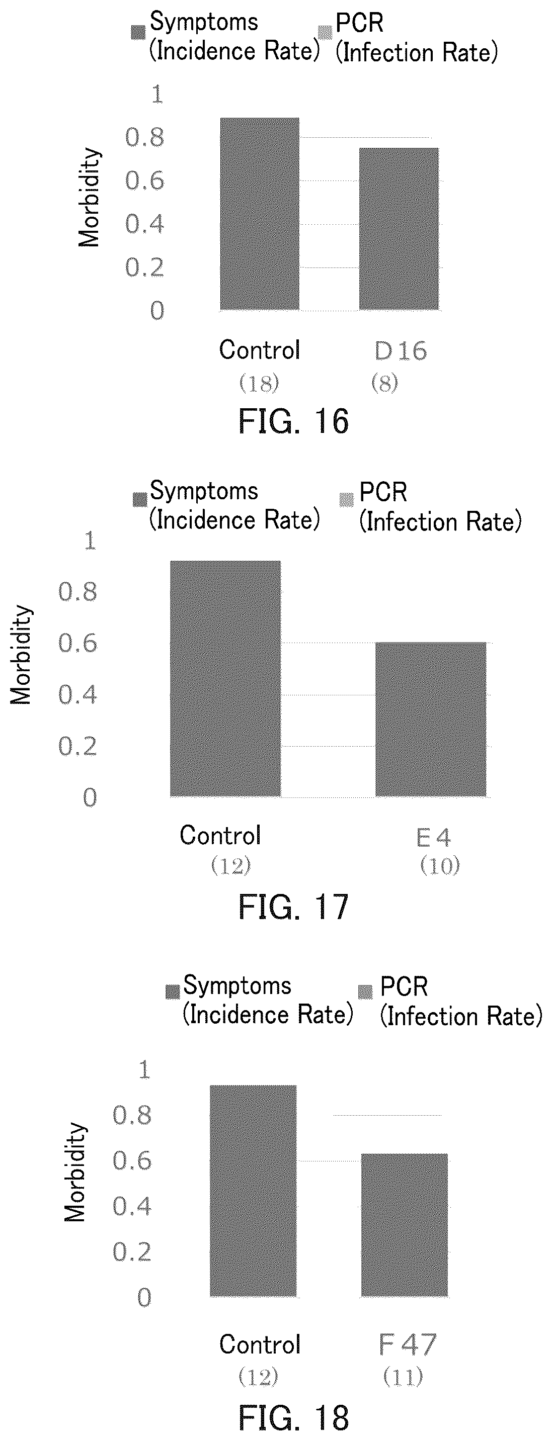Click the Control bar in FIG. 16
coord(259,214)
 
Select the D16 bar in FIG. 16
coord(399,229)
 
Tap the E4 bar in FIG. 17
coord(431,719)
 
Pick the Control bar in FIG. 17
coord(225,679)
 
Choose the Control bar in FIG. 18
coord(253,1191)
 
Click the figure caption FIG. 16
coord(294,421)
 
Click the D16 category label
coord(400,351)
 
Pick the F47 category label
coord(407,1345)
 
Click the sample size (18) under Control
coord(259,384)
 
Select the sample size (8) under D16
coord(384,383)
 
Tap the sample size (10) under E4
coord(440,866)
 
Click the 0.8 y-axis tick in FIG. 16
coord(144,138)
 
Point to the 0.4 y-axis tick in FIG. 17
coord(78,695)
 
